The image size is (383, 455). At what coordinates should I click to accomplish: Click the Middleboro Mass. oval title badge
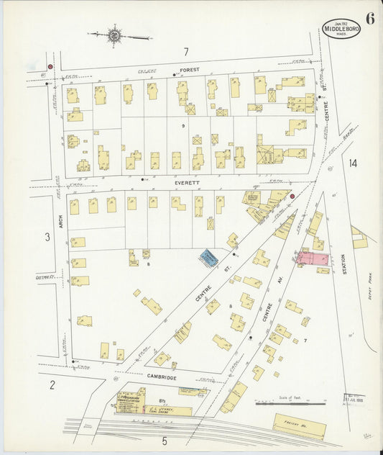pyautogui.click(x=341, y=28)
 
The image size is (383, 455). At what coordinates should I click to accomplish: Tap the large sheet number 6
pyautogui.click(x=369, y=19)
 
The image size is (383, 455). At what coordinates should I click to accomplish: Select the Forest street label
pyautogui.click(x=189, y=71)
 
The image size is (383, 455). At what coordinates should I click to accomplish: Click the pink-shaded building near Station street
pyautogui.click(x=313, y=258)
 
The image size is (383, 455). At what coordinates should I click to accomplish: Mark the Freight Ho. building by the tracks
pyautogui.click(x=299, y=425)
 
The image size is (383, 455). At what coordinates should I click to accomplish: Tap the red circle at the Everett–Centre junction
pyautogui.click(x=292, y=195)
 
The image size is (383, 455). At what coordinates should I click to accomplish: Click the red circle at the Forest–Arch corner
pyautogui.click(x=50, y=67)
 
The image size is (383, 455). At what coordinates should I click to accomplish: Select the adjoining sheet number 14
pyautogui.click(x=353, y=163)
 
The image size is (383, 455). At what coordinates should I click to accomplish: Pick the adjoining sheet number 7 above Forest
pyautogui.click(x=185, y=52)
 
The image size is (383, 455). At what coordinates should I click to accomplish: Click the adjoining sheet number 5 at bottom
pyautogui.click(x=164, y=440)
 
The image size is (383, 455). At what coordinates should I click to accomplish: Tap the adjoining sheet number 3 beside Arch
pyautogui.click(x=47, y=236)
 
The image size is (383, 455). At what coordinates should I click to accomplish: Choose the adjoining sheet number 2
pyautogui.click(x=52, y=384)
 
